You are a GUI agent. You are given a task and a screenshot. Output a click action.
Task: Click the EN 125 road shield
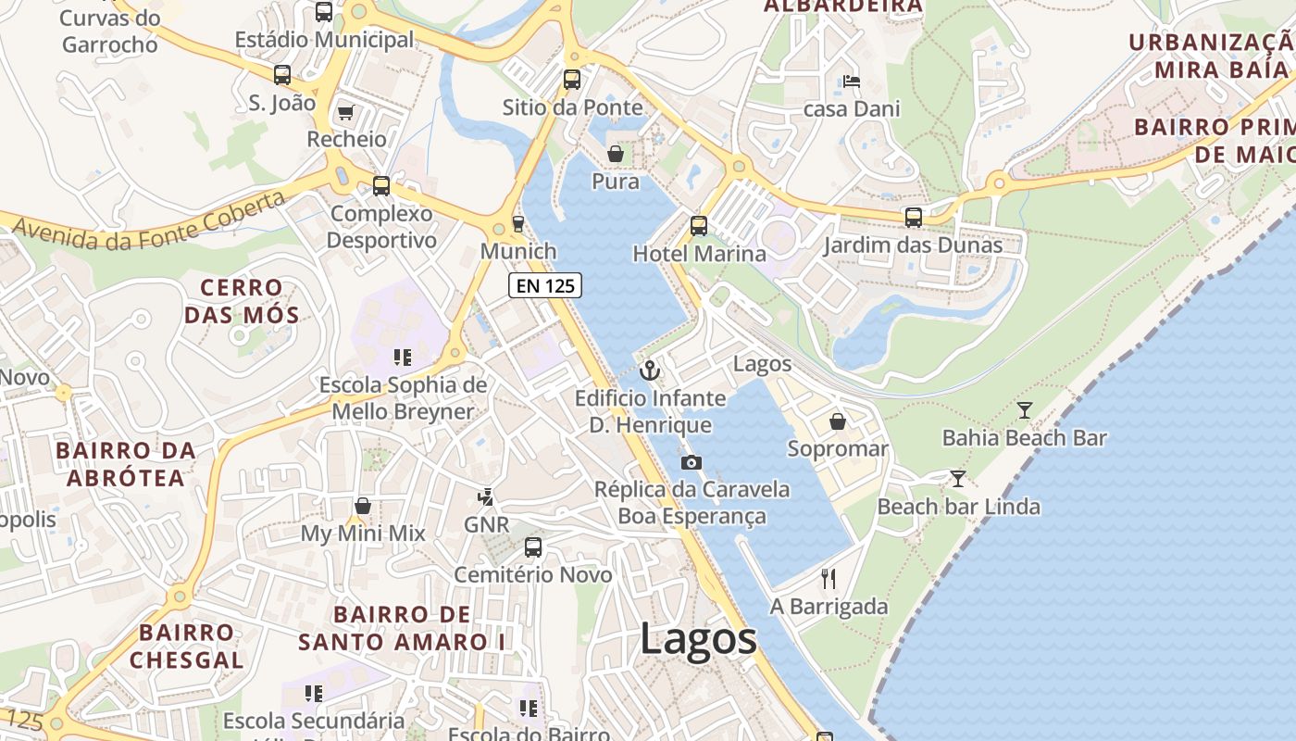click(x=545, y=285)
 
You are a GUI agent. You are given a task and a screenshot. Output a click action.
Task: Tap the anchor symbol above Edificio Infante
click(x=651, y=370)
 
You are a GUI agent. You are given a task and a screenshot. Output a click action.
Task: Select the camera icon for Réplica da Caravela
click(x=691, y=462)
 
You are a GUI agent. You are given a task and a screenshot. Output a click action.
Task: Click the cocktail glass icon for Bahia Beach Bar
click(x=1025, y=409)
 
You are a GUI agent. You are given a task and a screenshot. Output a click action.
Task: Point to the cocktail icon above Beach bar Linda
click(x=958, y=479)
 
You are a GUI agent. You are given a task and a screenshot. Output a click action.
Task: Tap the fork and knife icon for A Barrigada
click(x=829, y=579)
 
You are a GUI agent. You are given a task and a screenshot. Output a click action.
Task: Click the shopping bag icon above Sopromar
click(x=838, y=421)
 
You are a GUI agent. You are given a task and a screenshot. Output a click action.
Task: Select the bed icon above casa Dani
click(x=852, y=82)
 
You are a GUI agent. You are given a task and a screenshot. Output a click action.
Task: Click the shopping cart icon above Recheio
click(x=346, y=112)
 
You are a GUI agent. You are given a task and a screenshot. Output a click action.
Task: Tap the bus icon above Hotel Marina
click(x=699, y=225)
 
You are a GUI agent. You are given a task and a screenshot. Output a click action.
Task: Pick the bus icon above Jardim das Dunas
click(x=914, y=218)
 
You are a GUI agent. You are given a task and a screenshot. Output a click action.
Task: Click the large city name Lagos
click(x=699, y=640)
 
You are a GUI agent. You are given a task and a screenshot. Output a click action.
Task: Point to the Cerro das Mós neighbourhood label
click(x=242, y=301)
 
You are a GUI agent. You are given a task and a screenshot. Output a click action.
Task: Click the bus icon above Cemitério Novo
click(x=533, y=546)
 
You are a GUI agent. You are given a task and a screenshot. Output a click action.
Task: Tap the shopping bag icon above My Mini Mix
click(x=363, y=506)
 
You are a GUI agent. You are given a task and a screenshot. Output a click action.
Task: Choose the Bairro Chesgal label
click(x=187, y=646)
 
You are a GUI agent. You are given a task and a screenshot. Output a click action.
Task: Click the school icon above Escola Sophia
click(x=402, y=357)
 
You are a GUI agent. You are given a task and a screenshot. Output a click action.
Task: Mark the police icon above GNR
click(x=486, y=497)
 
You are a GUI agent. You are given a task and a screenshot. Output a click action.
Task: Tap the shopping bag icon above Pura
click(x=616, y=153)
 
